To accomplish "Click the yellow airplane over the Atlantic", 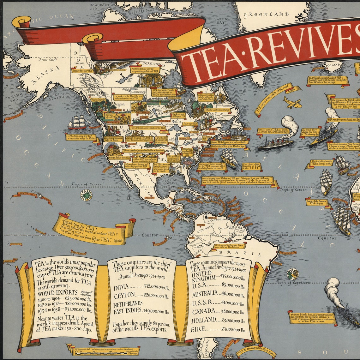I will coord(292,102).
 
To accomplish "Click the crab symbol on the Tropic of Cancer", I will coord(86,195).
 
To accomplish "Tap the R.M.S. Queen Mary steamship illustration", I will coord(276,141).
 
